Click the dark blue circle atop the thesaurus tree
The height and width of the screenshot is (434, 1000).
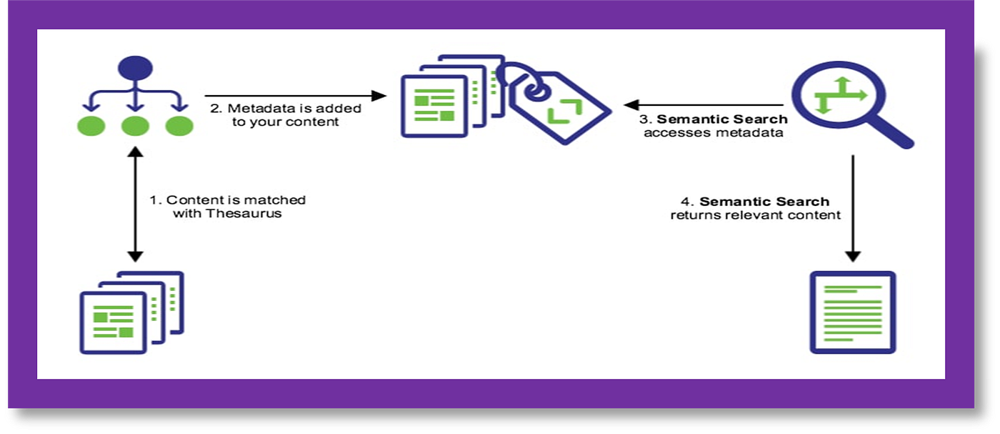[x=135, y=68]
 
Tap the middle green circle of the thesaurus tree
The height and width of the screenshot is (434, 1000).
[x=135, y=126]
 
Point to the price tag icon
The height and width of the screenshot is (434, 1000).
[x=561, y=105]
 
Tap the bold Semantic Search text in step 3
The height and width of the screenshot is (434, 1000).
[x=722, y=119]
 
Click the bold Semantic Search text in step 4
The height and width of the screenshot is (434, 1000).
[x=764, y=202]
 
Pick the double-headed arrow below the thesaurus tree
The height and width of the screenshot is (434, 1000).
[x=135, y=204]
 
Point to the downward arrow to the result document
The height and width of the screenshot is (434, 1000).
[x=852, y=207]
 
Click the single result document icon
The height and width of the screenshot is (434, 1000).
[x=852, y=312]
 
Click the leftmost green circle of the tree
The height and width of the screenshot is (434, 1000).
[x=91, y=126]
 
